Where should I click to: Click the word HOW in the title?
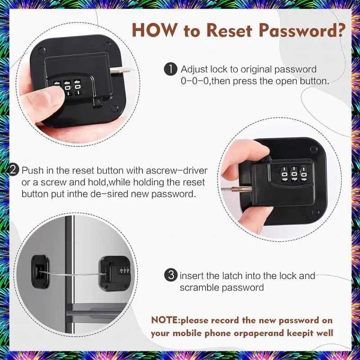click(155, 30)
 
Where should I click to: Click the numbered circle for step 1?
click(171, 69)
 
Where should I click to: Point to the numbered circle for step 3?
click(171, 275)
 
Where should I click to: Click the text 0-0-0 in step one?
click(195, 81)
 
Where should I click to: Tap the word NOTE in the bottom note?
click(165, 320)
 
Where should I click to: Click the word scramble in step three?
click(199, 288)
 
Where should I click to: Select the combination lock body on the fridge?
click(115, 274)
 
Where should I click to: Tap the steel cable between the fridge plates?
click(73, 274)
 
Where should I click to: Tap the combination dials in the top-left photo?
click(68, 88)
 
